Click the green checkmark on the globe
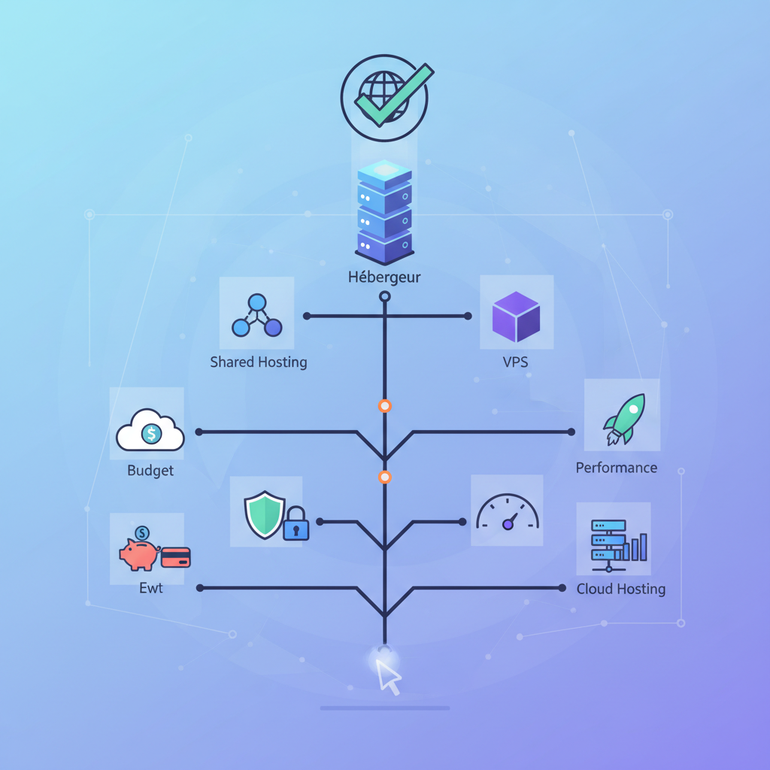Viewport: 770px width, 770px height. pyautogui.click(x=394, y=95)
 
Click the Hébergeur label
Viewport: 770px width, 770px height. pyautogui.click(x=384, y=277)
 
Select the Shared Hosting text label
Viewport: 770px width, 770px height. pyautogui.click(x=259, y=362)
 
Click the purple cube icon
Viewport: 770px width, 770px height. pyautogui.click(x=516, y=317)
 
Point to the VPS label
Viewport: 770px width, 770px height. pyautogui.click(x=515, y=362)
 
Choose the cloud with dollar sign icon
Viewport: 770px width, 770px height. pyautogui.click(x=150, y=431)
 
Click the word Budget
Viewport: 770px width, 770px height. pyautogui.click(x=150, y=471)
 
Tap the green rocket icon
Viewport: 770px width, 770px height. pyautogui.click(x=623, y=418)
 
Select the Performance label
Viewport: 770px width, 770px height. pyautogui.click(x=617, y=468)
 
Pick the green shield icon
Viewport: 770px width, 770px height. pyautogui.click(x=264, y=515)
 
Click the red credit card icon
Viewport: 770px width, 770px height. pyautogui.click(x=176, y=557)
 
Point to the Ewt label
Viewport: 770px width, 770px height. pyautogui.click(x=150, y=588)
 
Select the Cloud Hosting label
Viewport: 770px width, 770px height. pyautogui.click(x=621, y=589)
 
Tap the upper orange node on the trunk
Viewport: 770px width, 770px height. pyautogui.click(x=385, y=406)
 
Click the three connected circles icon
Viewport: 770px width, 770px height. pyautogui.click(x=257, y=317)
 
